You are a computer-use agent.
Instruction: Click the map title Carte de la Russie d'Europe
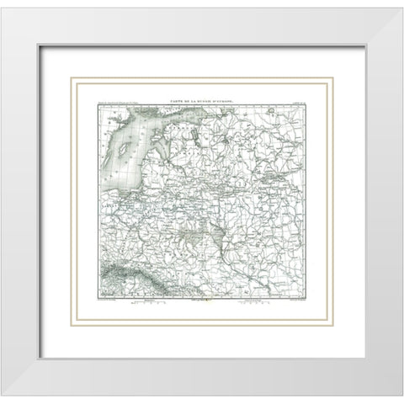point(202,99)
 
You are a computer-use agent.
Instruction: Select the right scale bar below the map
point(252,304)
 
